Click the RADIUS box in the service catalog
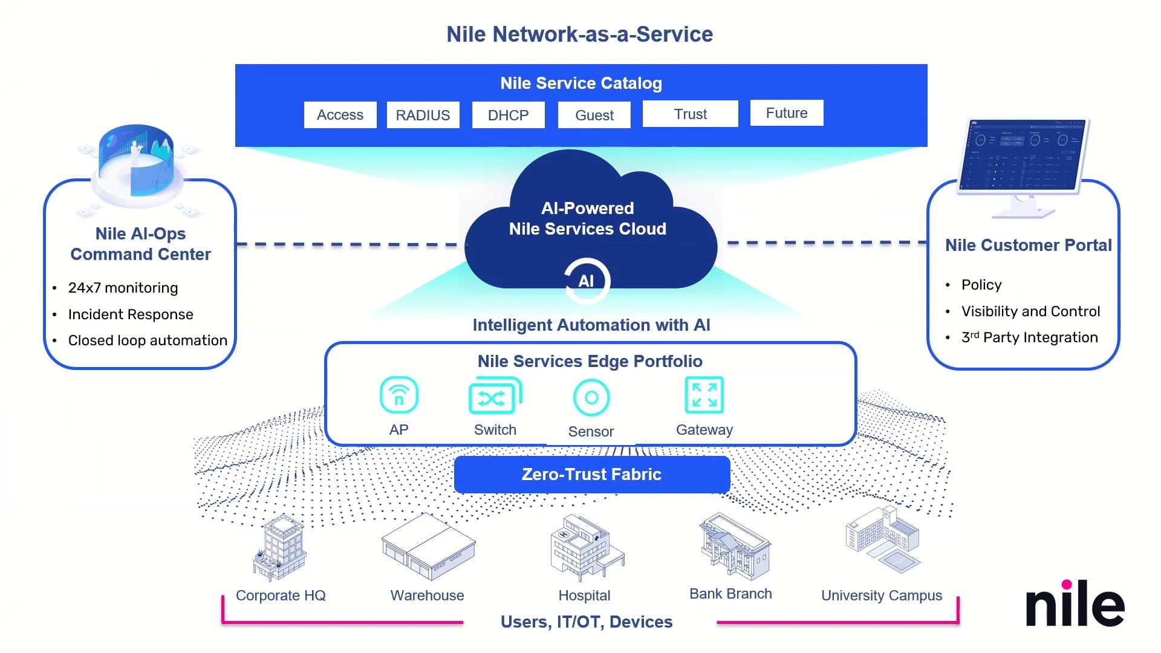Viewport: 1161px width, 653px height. [x=423, y=115]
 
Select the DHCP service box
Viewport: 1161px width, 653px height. [x=508, y=115]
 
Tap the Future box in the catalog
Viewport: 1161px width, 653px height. [x=787, y=113]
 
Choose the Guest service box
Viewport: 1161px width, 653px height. [x=594, y=115]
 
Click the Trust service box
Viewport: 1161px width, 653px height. [x=690, y=114]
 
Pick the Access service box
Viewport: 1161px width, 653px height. [x=340, y=115]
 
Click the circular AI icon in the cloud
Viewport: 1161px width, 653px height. [x=587, y=281]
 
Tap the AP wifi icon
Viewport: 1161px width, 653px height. [x=398, y=395]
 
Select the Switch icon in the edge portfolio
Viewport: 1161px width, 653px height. [x=495, y=397]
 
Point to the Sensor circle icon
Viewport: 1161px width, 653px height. [x=591, y=398]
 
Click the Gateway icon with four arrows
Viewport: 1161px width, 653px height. [x=704, y=395]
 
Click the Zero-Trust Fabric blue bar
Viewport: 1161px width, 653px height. [x=591, y=474]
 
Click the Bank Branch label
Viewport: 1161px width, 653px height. [x=730, y=594]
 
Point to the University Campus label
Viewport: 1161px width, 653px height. [x=881, y=596]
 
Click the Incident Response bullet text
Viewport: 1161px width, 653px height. [x=131, y=314]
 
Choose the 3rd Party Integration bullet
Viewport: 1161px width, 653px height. [x=1029, y=337]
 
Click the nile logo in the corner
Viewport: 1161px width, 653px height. [x=1075, y=605]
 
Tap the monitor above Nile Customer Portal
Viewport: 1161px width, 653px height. [x=1023, y=157]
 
